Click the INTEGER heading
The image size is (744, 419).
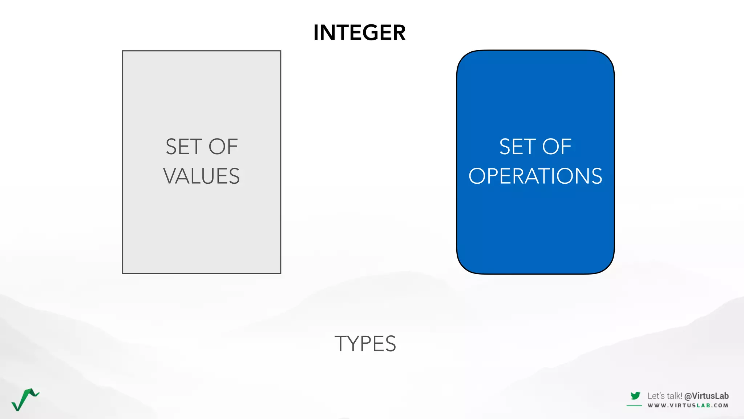(359, 33)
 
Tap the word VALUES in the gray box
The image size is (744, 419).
(201, 176)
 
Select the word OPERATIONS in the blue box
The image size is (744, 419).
(535, 176)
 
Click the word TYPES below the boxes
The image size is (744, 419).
(365, 344)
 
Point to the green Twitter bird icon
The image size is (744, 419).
(635, 395)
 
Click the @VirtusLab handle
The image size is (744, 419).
(706, 396)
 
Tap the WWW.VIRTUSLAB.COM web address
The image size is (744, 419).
(688, 406)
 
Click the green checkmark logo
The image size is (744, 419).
(25, 399)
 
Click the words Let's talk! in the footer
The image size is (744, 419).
(664, 396)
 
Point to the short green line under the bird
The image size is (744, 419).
(634, 406)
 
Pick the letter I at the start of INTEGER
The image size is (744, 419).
(316, 33)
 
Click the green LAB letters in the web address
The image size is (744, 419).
(703, 406)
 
